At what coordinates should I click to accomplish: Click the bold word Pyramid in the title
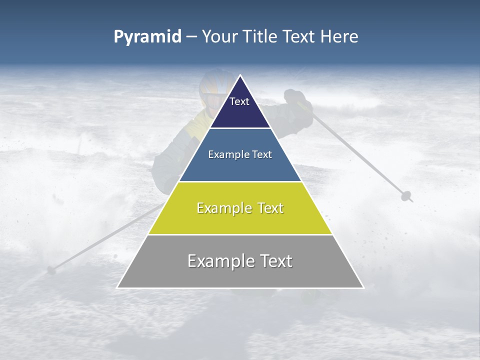point(147,37)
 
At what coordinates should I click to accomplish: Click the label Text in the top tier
point(239,101)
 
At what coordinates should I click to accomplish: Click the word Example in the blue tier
point(224,154)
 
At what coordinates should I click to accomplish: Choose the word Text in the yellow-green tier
point(268,208)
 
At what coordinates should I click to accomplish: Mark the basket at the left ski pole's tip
point(50,270)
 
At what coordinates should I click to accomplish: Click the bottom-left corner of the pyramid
point(117,287)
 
